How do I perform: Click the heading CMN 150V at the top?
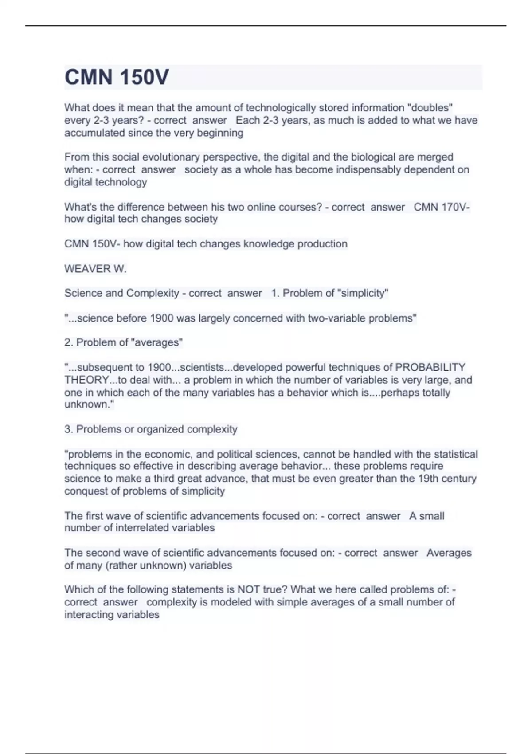coord(117,77)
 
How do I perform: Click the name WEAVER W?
coord(95,269)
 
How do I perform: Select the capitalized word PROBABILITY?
coord(430,367)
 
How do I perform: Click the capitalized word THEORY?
coord(87,380)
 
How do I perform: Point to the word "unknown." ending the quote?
coord(89,404)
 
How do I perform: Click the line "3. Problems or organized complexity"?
coord(151,429)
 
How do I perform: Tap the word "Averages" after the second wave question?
coord(449,553)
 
